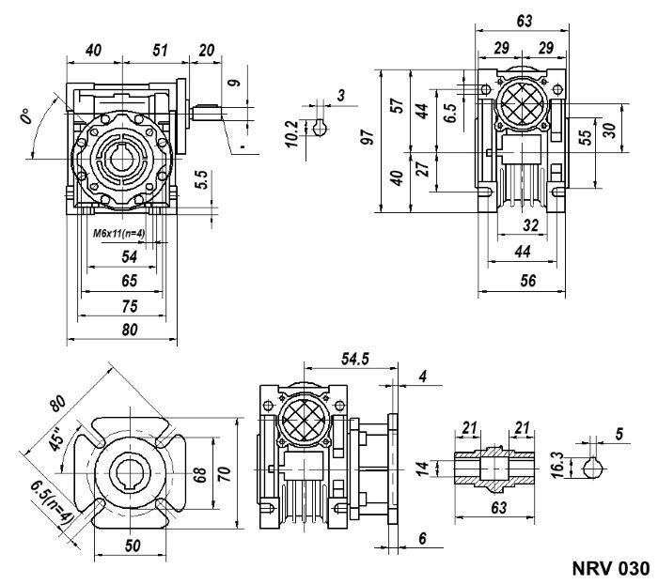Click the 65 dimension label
[130, 280]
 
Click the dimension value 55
[584, 137]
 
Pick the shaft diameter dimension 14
[422, 467]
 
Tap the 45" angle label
[56, 438]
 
